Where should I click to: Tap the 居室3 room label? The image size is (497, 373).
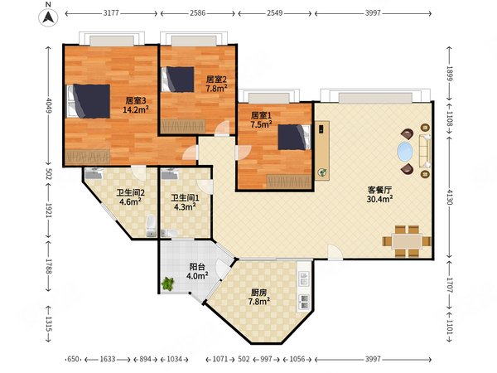(136, 101)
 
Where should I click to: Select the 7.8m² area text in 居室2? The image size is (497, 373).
(216, 88)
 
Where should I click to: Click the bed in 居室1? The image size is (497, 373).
(294, 137)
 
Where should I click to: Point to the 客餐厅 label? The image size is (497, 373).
(379, 190)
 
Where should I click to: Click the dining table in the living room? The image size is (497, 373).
(407, 241)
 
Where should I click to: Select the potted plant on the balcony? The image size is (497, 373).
(167, 283)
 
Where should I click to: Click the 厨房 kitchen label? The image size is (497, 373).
(258, 292)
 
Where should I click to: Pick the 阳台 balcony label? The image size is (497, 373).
(197, 267)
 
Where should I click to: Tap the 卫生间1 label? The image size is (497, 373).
(185, 198)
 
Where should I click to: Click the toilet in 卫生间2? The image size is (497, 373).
(152, 225)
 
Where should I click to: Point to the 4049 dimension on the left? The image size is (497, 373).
(49, 105)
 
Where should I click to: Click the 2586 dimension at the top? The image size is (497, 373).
(197, 13)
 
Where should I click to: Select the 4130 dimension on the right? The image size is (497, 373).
(450, 196)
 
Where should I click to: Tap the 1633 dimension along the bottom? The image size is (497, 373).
(108, 359)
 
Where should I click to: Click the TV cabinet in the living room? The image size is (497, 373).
(322, 151)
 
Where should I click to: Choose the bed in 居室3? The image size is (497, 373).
(89, 101)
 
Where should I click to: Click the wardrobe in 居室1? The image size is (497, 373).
(289, 182)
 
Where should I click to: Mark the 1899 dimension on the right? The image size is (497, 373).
(450, 73)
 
